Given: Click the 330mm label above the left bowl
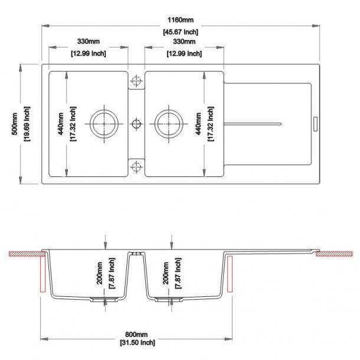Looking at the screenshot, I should point(87,42).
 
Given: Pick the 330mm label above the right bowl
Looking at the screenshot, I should point(184,42).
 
